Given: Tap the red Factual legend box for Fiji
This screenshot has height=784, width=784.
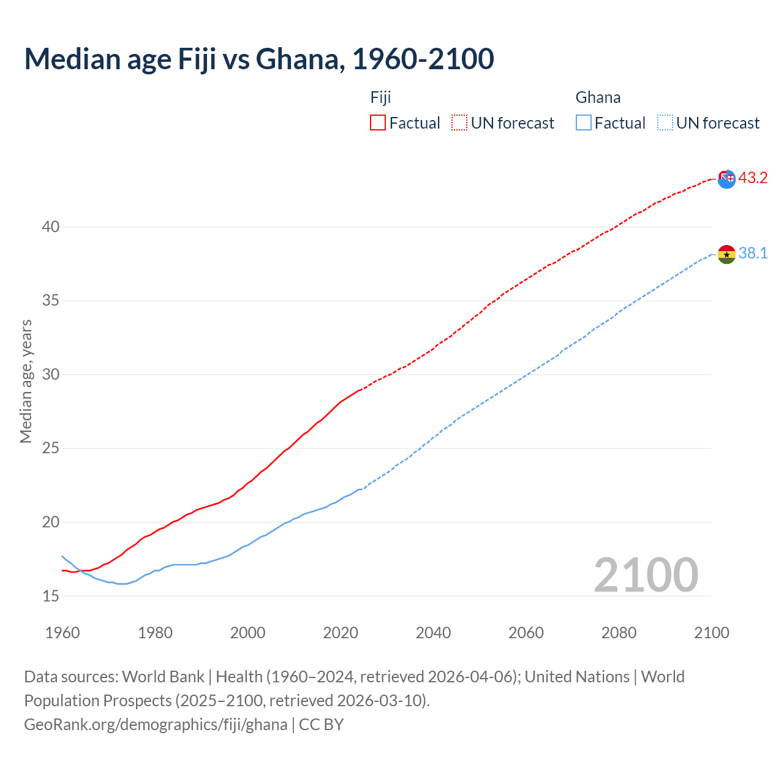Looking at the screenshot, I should (378, 123).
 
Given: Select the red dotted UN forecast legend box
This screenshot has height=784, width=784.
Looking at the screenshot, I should (459, 123).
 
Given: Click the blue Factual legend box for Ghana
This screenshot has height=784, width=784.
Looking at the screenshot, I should (584, 123).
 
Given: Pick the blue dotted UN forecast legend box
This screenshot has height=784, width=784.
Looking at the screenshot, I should (665, 123).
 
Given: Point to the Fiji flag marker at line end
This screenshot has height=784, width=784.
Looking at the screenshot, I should (726, 179).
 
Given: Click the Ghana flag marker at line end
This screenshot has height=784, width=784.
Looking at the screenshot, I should (726, 254).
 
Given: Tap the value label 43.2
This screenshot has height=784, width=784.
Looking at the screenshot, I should (753, 178).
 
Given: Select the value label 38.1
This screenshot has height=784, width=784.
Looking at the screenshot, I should (753, 254).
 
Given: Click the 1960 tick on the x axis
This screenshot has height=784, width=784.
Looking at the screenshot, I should (62, 633).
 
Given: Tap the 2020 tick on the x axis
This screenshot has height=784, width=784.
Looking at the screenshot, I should (341, 633).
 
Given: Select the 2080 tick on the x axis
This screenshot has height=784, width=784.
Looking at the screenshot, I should (619, 633).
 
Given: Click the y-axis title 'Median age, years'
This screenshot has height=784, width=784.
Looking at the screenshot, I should (26, 381).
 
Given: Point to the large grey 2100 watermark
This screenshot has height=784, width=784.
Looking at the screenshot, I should (646, 575).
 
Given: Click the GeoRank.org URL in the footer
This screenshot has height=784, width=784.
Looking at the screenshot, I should (156, 725).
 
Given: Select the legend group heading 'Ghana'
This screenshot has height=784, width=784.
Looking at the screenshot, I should (598, 97).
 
